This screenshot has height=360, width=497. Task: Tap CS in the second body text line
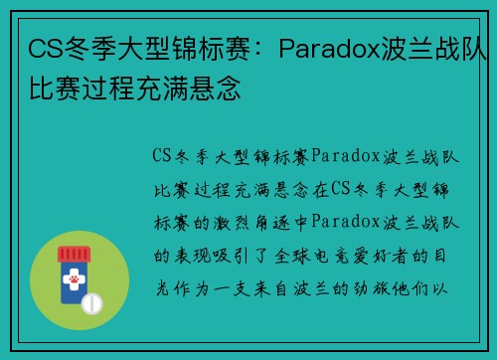(x=340, y=188)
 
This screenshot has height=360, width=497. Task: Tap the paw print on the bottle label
(x=75, y=280)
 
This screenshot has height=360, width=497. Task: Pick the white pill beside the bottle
(x=93, y=300)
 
